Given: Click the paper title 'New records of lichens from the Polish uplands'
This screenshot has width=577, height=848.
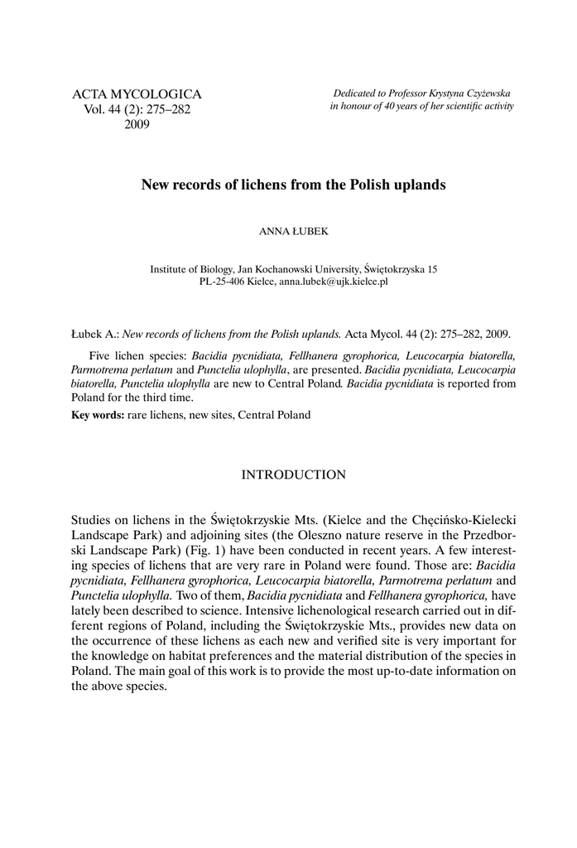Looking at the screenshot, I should click(x=294, y=185).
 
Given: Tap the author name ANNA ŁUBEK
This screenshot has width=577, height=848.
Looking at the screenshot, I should click(x=294, y=233).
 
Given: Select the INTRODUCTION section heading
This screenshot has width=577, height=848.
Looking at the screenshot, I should click(x=294, y=475).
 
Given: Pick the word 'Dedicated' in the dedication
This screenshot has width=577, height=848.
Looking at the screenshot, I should click(x=353, y=94).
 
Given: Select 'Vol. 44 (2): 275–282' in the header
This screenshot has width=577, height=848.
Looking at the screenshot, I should click(x=132, y=110).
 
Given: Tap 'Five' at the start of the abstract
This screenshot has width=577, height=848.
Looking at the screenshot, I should click(x=100, y=357).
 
